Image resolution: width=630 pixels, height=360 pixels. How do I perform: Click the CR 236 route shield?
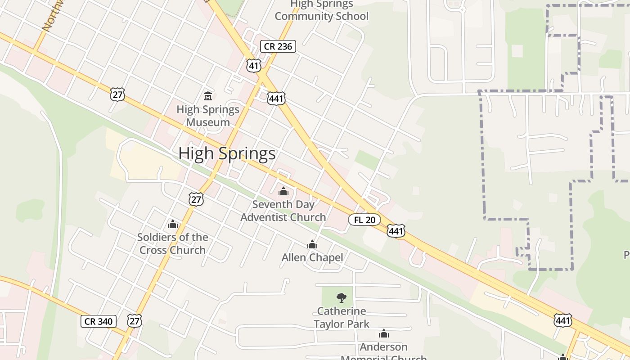(x=278, y=46)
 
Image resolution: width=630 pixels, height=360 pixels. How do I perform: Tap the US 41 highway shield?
(x=254, y=66)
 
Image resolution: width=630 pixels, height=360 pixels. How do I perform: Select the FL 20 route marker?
(x=364, y=220)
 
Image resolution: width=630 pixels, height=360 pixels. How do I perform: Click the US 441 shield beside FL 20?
(x=396, y=231)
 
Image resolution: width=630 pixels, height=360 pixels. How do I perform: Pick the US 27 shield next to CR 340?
(x=135, y=320)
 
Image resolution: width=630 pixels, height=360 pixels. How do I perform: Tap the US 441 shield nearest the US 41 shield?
(x=276, y=99)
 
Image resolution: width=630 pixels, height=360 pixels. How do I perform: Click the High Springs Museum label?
(x=208, y=116)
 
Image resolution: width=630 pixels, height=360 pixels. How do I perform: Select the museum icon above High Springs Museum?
(x=208, y=96)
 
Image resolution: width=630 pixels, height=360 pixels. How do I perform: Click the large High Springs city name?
(x=227, y=153)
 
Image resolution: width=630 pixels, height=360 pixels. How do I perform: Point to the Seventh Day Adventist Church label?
(x=283, y=211)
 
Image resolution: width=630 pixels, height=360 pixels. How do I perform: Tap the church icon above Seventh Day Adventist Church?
(x=283, y=192)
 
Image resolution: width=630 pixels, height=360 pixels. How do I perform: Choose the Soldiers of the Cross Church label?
(x=173, y=243)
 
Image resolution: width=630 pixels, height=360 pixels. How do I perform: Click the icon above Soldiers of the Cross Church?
(x=173, y=224)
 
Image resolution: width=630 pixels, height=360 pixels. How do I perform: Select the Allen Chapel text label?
(x=312, y=257)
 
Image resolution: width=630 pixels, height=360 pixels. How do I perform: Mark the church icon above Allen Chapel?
(x=312, y=244)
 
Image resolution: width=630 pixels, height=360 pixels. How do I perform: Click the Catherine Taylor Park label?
(x=342, y=317)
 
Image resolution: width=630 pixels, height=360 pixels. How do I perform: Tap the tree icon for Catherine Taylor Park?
(x=342, y=297)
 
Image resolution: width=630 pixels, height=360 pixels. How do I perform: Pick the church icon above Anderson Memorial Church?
(x=384, y=333)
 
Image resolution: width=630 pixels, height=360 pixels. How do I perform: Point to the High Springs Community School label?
(x=322, y=10)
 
